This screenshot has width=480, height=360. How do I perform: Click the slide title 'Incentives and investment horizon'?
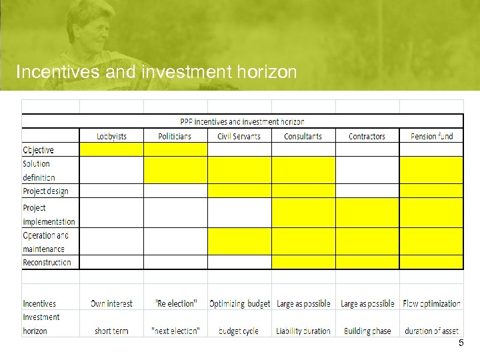(156, 72)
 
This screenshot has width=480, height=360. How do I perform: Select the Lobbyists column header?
(111, 136)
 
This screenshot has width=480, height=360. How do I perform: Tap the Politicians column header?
(175, 136)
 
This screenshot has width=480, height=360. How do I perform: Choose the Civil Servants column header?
(239, 136)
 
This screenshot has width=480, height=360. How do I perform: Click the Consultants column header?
(303, 136)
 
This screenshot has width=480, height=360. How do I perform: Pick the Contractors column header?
(367, 136)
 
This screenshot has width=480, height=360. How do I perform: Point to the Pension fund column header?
(431, 136)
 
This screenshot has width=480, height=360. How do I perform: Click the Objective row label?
(39, 150)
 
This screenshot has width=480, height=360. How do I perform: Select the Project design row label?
(45, 191)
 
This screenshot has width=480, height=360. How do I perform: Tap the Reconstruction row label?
(47, 262)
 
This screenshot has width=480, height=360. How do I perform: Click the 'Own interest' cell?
(111, 303)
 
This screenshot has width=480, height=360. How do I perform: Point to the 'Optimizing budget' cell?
(239, 303)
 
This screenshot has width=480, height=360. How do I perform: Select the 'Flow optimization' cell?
(431, 303)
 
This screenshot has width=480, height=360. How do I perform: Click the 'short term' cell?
(111, 331)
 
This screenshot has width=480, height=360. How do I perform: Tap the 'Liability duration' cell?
(303, 331)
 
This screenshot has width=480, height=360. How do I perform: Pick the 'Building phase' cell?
(367, 331)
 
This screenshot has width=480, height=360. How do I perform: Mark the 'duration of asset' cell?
(431, 331)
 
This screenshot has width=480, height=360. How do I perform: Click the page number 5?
(460, 343)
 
